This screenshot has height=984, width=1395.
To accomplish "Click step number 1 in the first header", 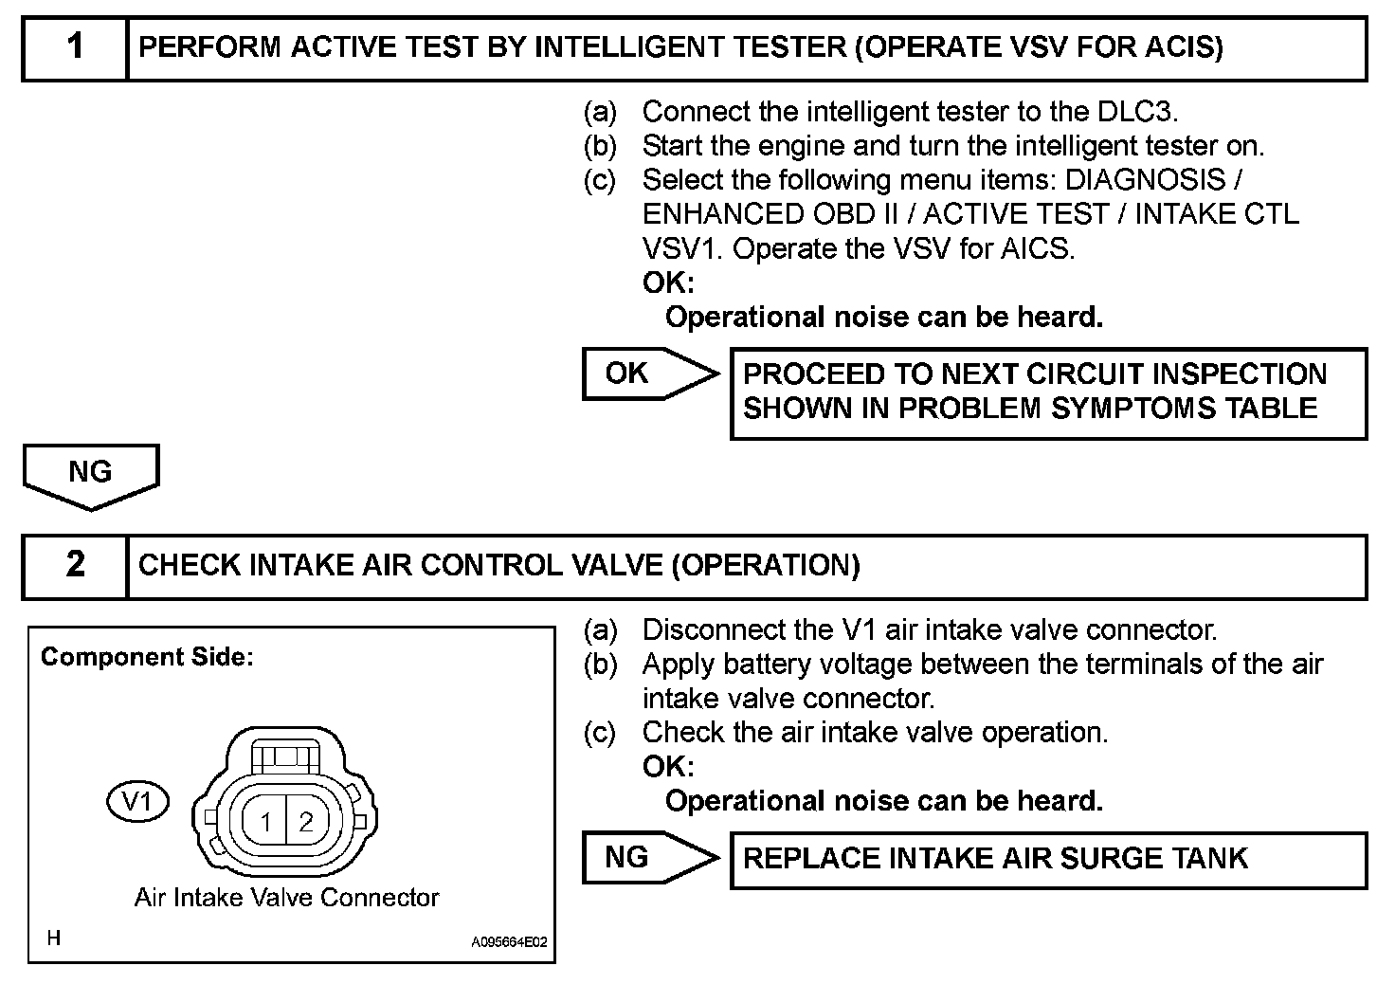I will click(75, 47).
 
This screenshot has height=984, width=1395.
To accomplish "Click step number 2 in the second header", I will click(75, 566).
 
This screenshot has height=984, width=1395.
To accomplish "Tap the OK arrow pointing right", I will click(648, 374).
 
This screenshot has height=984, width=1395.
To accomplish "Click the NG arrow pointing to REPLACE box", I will click(648, 858).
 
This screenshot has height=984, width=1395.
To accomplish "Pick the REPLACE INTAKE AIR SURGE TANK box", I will click(1047, 860).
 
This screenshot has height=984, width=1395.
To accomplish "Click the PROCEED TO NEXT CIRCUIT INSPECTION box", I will click(1047, 392).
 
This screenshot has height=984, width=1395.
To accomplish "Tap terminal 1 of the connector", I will click(267, 822).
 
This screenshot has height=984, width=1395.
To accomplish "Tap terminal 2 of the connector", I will click(305, 822).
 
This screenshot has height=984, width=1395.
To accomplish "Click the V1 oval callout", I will click(137, 802).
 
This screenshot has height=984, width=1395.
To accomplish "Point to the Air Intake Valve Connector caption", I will click(286, 898).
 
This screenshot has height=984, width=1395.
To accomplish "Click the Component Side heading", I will click(147, 657).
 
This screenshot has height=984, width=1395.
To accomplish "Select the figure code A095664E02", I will click(509, 942).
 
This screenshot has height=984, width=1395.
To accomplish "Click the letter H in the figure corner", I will click(54, 938).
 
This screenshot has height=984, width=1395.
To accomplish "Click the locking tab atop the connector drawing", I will click(286, 757).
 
